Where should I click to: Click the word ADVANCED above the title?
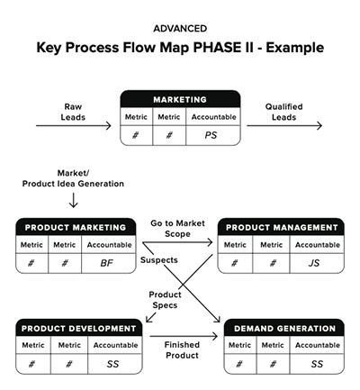(180, 29)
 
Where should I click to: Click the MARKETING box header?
(180, 99)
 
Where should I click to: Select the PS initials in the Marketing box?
(211, 135)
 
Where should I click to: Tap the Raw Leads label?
(73, 112)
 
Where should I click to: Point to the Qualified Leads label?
(283, 112)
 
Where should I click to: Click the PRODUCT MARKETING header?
(76, 227)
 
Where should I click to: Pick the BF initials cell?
(107, 263)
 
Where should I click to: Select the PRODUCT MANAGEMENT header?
(282, 227)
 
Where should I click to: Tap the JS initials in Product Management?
(314, 263)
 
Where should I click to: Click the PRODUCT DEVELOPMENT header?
(79, 328)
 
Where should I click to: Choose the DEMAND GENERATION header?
(284, 328)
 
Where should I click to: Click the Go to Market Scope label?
(177, 229)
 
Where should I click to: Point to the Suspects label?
(159, 260)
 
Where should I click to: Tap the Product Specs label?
(165, 300)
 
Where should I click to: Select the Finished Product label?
(182, 350)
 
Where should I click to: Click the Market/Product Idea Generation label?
(73, 178)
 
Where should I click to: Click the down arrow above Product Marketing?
(73, 200)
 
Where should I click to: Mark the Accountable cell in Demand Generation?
(318, 345)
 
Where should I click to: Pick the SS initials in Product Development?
(112, 364)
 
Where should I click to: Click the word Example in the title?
(295, 48)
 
